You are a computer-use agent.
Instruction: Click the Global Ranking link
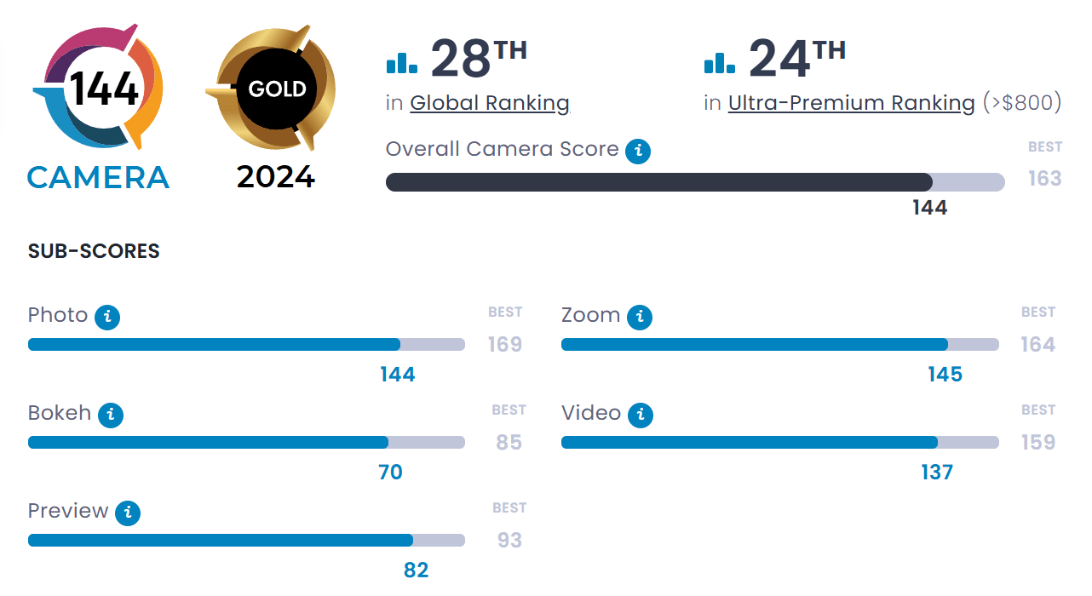(x=489, y=104)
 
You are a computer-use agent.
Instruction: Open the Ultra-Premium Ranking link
(x=851, y=104)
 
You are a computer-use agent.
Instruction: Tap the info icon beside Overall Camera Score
(x=638, y=152)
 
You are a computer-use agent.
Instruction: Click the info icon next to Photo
(x=107, y=318)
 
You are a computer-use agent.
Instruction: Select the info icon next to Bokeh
(x=111, y=415)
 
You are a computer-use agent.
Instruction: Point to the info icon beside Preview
(x=128, y=513)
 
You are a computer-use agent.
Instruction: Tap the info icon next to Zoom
(x=640, y=318)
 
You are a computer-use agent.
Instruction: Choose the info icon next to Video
(x=641, y=415)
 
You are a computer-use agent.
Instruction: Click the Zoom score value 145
(x=945, y=375)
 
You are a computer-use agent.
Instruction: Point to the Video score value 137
(x=937, y=473)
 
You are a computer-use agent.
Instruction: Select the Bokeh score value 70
(x=390, y=473)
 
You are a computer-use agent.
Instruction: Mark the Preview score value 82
(x=416, y=570)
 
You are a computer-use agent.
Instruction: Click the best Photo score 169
(x=505, y=345)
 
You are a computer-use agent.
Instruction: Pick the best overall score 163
(x=1044, y=179)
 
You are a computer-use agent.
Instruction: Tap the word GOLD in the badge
(x=277, y=89)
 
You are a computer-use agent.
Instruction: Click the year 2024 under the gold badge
(x=276, y=177)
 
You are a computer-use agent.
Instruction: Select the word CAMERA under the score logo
(x=98, y=178)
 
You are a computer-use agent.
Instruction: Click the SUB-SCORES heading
(x=94, y=252)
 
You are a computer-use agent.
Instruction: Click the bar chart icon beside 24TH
(x=720, y=61)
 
